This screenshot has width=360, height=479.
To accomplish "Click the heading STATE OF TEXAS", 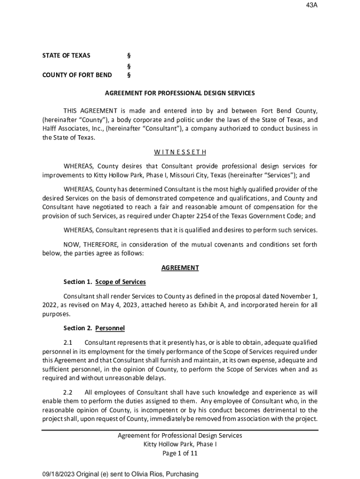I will point(66,56).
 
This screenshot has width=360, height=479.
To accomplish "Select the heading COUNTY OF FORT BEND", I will point(77,75).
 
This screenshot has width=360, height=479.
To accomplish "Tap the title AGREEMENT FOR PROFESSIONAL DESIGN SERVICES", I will point(180,93).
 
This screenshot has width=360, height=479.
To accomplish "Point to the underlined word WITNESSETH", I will point(180,152).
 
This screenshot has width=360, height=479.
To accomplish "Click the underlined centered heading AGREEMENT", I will point(180,268).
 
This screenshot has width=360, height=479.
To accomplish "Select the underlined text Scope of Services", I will point(121,282).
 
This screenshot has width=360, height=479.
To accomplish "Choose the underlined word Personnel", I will point(110,328).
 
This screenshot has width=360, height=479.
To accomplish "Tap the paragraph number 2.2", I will point(68,392).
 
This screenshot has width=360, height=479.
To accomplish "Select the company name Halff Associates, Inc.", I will point(66,129).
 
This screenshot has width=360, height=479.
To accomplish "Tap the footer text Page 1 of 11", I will point(180,453).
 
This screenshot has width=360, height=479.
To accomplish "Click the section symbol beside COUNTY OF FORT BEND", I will point(129,75).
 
